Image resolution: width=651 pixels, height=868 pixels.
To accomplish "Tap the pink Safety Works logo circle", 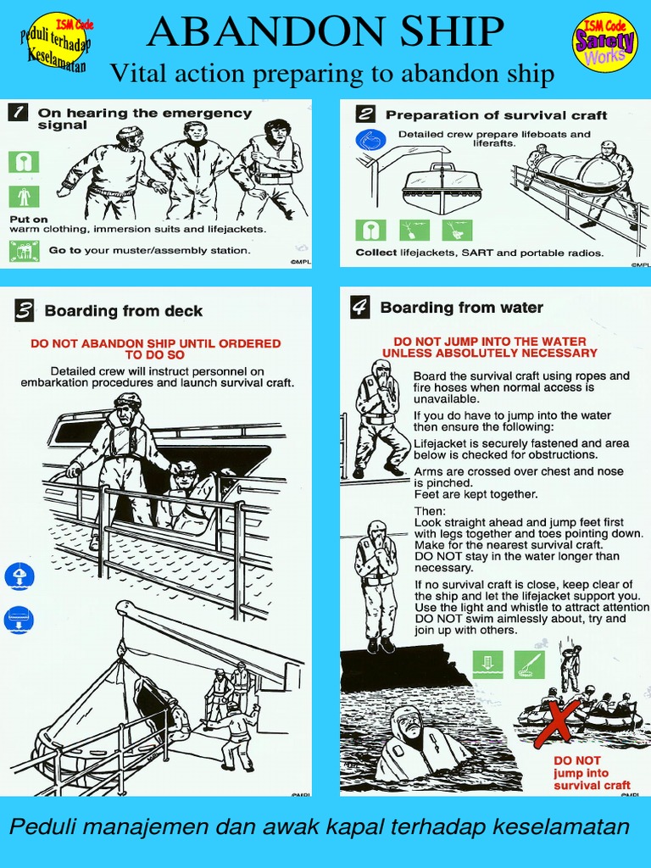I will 604,42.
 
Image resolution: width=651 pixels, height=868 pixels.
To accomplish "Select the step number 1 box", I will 18,113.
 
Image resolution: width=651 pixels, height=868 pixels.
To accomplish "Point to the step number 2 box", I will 366,114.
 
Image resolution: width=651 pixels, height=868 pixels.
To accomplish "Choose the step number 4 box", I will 360,308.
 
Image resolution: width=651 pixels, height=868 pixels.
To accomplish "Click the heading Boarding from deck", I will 124,311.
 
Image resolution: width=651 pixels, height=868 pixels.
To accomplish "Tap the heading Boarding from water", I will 461,308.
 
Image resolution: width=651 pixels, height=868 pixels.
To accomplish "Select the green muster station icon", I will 23,250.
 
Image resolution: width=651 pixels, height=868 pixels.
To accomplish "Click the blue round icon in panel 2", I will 370,140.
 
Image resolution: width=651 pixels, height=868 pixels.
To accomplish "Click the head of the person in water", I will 408,723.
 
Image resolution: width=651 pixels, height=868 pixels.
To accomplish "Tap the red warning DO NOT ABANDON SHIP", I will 155,348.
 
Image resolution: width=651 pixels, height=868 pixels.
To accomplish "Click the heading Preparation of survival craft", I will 496,114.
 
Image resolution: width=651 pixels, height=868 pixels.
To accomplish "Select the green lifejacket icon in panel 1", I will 23,161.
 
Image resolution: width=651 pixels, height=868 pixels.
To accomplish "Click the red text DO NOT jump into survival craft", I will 591,772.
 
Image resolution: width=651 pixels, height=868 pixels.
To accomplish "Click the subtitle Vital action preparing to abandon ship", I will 331,75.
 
